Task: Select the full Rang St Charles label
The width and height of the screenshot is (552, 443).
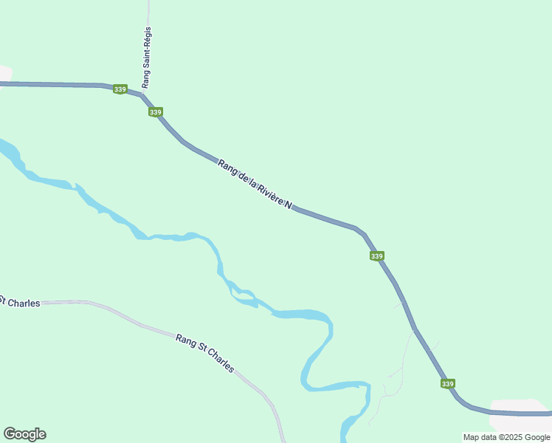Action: pos(205,353)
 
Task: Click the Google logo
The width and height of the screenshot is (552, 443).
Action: pos(24,434)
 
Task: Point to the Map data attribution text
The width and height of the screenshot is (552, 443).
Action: pos(506,437)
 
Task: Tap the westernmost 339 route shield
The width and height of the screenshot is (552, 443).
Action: pos(120,89)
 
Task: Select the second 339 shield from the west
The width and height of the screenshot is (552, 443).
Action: pos(155,112)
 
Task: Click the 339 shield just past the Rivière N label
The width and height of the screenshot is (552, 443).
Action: pos(376,256)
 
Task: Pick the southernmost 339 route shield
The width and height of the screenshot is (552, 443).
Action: pos(447,384)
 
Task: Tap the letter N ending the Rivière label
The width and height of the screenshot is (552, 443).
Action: pos(289,205)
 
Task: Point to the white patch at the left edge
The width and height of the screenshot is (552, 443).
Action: pos(4,73)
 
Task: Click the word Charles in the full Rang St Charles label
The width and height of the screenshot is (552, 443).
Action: pos(220,361)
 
